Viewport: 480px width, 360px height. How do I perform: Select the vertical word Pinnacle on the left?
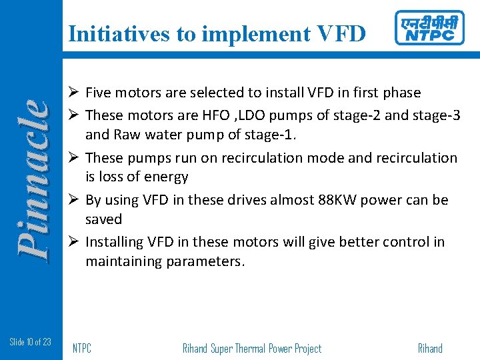33,178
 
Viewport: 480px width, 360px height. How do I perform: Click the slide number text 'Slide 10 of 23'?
31,342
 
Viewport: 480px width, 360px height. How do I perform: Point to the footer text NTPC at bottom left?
82,348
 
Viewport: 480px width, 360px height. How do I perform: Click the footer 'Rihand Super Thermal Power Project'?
251,348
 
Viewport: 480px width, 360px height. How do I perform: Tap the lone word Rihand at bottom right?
429,348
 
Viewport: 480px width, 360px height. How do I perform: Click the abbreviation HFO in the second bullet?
207,115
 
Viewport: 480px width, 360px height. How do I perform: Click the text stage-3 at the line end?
436,115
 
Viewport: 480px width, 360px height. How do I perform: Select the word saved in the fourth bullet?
104,219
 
